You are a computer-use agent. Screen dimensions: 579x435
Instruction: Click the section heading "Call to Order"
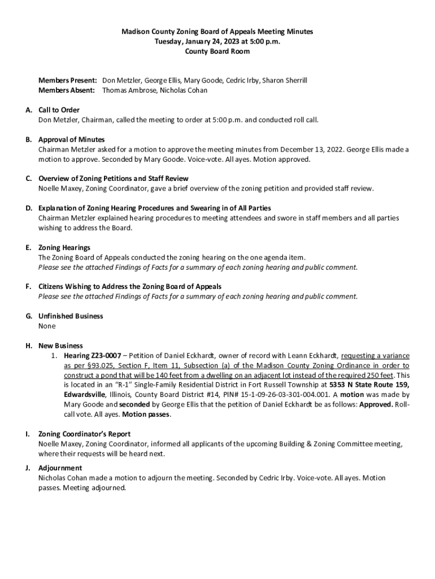click(x=59, y=110)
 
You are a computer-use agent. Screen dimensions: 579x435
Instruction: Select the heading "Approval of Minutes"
click(x=71, y=139)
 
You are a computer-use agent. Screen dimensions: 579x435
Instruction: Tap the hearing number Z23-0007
click(x=101, y=356)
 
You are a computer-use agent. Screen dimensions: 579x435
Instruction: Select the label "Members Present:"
click(x=68, y=80)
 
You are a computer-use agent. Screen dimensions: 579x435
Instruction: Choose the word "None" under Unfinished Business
click(x=47, y=326)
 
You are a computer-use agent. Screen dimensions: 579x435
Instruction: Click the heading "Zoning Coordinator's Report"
click(x=84, y=434)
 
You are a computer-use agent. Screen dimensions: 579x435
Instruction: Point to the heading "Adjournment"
click(x=60, y=468)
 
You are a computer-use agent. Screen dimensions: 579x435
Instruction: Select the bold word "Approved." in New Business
click(x=376, y=405)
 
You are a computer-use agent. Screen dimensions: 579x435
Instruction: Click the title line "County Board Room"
click(x=217, y=51)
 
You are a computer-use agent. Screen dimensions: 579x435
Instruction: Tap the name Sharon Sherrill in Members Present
click(x=285, y=80)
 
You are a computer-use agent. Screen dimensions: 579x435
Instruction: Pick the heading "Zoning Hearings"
click(x=64, y=248)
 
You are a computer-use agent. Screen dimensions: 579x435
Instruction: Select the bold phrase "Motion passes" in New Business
click(x=146, y=414)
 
